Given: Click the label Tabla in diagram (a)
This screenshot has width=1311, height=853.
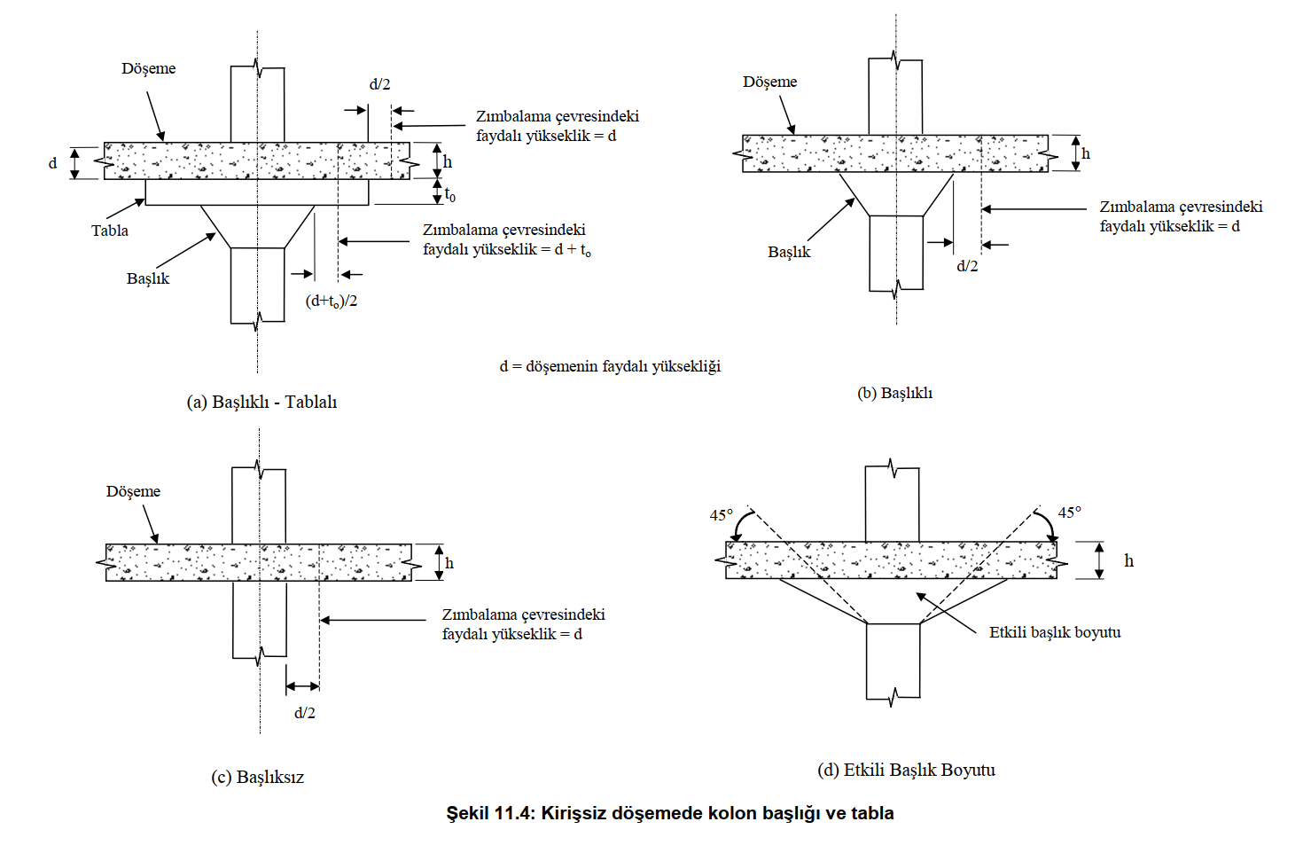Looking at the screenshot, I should [110, 231].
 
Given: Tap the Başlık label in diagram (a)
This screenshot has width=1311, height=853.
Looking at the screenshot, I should [147, 278].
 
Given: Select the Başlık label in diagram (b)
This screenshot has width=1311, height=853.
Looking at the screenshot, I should [789, 252].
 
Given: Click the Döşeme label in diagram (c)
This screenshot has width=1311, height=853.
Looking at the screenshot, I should [133, 491].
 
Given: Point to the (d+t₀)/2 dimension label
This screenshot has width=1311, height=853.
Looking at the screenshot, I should [332, 301].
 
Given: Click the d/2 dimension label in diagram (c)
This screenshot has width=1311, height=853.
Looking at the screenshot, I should [305, 713].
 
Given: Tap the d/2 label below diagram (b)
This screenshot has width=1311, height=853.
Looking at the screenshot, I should [967, 266].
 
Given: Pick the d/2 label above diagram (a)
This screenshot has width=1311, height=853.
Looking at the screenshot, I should [379, 85].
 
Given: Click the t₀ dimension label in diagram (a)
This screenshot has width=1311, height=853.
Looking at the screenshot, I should [450, 194].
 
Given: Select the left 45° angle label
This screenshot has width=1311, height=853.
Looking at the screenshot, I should [722, 515].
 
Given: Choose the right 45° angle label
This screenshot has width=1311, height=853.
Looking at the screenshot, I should [1070, 513].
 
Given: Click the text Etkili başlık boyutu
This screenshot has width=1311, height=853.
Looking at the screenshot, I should [1055, 632].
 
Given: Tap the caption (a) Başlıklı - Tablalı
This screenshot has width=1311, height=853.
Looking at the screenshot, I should [261, 402].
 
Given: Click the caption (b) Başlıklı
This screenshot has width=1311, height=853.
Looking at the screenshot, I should [894, 393].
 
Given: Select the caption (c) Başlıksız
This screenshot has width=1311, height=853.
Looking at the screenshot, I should [257, 777].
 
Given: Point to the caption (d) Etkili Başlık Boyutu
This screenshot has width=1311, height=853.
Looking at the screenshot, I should [906, 770].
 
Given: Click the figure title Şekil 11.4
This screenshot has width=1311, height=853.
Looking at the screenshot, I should [669, 813].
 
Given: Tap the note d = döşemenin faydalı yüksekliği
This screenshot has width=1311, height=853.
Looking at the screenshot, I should [610, 366].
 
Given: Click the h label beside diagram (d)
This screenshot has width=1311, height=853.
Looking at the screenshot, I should [1128, 560].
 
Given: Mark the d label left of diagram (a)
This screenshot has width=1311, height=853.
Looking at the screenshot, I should [52, 163].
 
